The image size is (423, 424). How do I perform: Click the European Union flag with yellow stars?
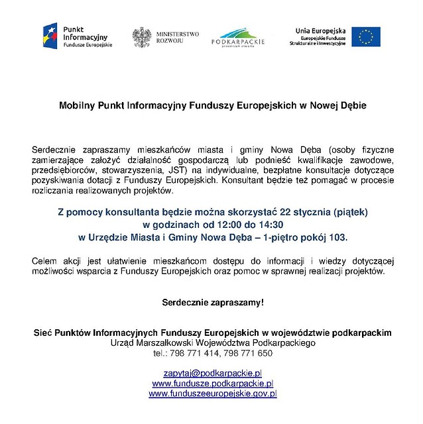[366, 36]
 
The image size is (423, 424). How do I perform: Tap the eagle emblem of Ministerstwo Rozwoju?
[141, 37]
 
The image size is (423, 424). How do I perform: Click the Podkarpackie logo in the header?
[237, 37]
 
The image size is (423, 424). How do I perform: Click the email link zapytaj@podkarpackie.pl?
[212, 374]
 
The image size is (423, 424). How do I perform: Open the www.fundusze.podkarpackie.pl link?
[212, 384]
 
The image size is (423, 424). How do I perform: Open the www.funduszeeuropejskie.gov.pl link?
[212, 393]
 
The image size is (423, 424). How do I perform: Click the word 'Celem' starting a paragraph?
[44, 262]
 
